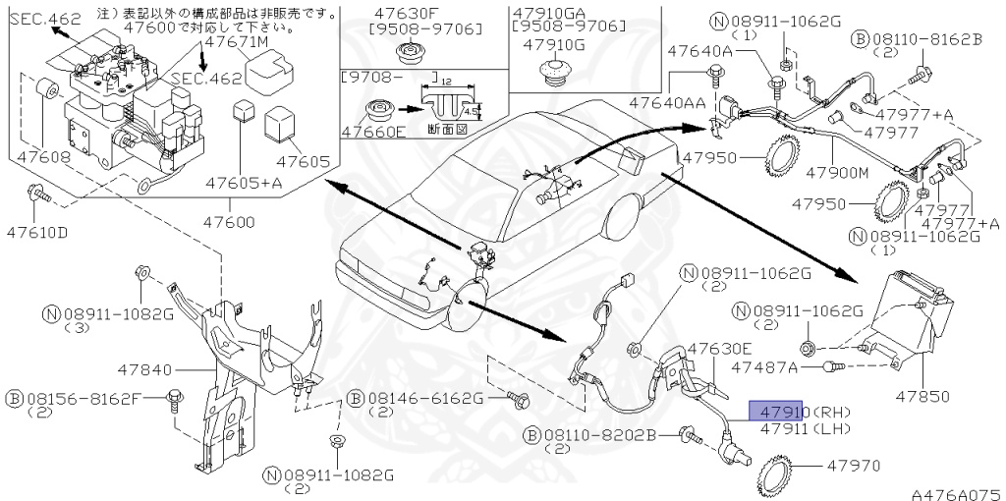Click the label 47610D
tap(37, 233)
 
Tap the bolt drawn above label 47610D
tap(38, 195)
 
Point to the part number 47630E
tap(719, 349)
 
